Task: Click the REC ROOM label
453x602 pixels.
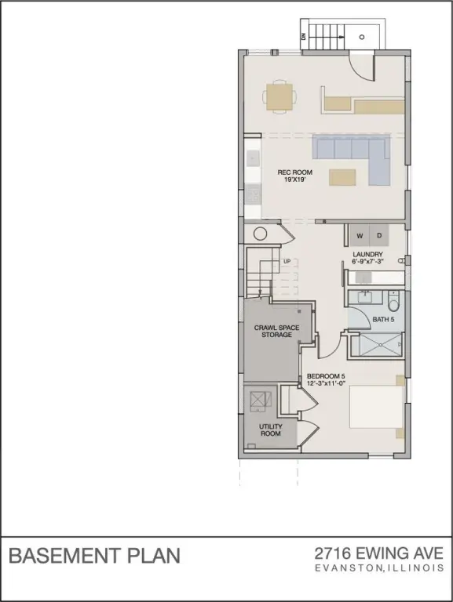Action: point(294,176)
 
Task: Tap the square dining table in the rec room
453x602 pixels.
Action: point(280,96)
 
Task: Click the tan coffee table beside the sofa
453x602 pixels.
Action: point(342,177)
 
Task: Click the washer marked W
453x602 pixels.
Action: point(360,235)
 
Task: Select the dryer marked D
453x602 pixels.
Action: point(378,235)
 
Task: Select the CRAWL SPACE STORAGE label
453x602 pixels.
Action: point(272,331)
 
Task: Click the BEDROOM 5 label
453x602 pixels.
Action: point(326,379)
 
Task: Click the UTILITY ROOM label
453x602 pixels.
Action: point(271,430)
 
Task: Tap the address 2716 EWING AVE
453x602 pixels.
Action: point(378,553)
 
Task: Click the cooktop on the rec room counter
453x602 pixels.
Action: point(253,194)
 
